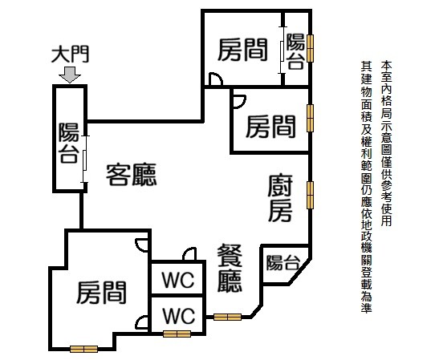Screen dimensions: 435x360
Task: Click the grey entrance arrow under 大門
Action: [x=70, y=75]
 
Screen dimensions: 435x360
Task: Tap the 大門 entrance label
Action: [x=70, y=55]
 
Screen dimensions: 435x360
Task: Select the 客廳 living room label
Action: [x=131, y=175]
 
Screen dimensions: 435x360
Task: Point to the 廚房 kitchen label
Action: [x=280, y=198]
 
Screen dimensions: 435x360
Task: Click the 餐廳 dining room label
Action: [x=230, y=269]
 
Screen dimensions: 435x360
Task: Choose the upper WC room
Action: [x=178, y=279]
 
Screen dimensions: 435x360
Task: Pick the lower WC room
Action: [x=178, y=315]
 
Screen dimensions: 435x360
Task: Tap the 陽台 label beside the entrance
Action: [x=69, y=143]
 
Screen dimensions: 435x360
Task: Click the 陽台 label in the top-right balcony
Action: [x=295, y=51]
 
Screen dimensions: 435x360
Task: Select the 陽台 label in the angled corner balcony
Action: [x=283, y=262]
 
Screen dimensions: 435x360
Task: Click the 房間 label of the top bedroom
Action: [x=242, y=50]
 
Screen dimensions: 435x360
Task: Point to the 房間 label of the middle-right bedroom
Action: [x=270, y=127]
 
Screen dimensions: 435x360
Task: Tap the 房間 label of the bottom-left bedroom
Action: [x=101, y=293]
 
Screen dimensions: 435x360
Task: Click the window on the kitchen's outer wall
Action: [x=310, y=195]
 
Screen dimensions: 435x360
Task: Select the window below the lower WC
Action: [x=177, y=334]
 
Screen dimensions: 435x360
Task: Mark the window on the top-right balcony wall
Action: [x=310, y=48]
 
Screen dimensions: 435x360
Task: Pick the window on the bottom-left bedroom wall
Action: [x=83, y=350]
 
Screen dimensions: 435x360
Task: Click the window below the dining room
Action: [x=227, y=317]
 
